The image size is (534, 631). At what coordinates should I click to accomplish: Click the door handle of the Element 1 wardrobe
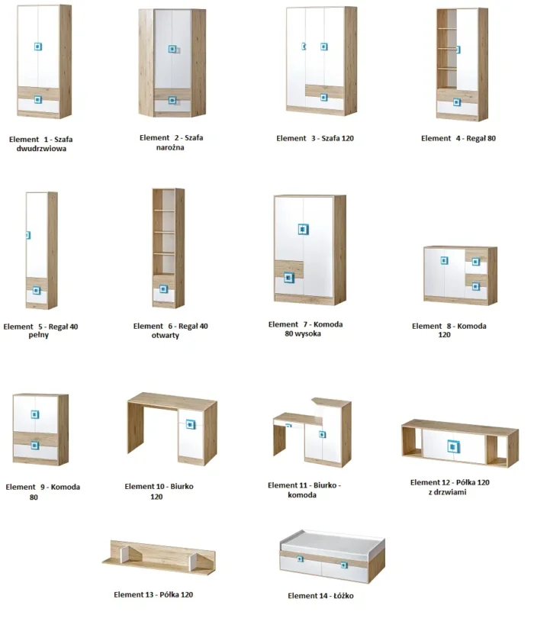38,47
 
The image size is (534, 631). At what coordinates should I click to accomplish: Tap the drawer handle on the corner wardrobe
172,100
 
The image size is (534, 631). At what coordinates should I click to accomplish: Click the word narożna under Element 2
170,147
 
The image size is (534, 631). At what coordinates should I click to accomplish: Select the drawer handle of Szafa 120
324,98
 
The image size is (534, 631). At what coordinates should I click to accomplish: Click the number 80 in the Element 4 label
491,138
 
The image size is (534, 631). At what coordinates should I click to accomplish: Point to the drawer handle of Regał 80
457,102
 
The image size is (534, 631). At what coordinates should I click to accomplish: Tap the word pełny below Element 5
39,335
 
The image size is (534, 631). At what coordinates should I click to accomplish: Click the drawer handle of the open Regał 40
163,289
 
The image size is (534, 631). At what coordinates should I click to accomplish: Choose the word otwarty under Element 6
166,335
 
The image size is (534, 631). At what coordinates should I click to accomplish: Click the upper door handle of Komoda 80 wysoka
304,230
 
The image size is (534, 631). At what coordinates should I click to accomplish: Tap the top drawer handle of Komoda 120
476,262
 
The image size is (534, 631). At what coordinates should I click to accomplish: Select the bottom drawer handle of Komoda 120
476,287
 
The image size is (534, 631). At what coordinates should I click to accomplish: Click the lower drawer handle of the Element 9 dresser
35,446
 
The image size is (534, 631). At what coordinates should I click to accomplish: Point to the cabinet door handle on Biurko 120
191,424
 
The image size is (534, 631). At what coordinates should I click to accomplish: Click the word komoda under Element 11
302,495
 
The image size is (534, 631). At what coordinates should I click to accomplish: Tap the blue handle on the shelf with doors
453,446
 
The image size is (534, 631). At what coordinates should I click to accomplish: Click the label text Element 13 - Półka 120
153,595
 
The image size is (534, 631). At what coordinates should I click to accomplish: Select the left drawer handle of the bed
300,559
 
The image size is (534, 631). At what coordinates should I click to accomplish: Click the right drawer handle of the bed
344,565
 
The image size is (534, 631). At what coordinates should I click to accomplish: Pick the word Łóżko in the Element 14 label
343,596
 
